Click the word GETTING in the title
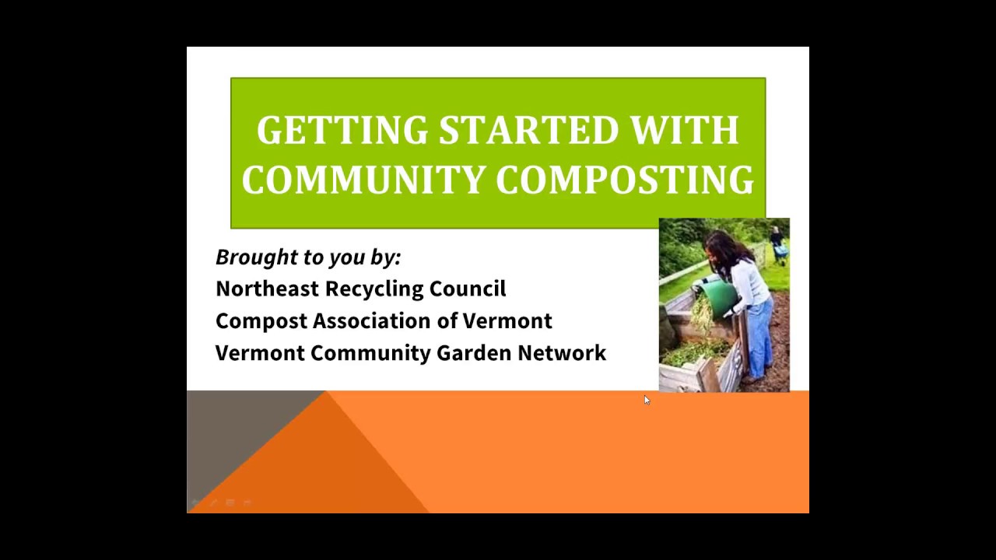click(x=342, y=130)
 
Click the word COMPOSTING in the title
click(x=625, y=179)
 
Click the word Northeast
click(x=267, y=289)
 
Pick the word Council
click(x=468, y=289)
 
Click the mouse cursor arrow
click(x=647, y=400)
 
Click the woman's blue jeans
click(x=761, y=338)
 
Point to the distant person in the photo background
click(x=777, y=245)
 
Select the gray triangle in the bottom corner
click(x=231, y=427)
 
